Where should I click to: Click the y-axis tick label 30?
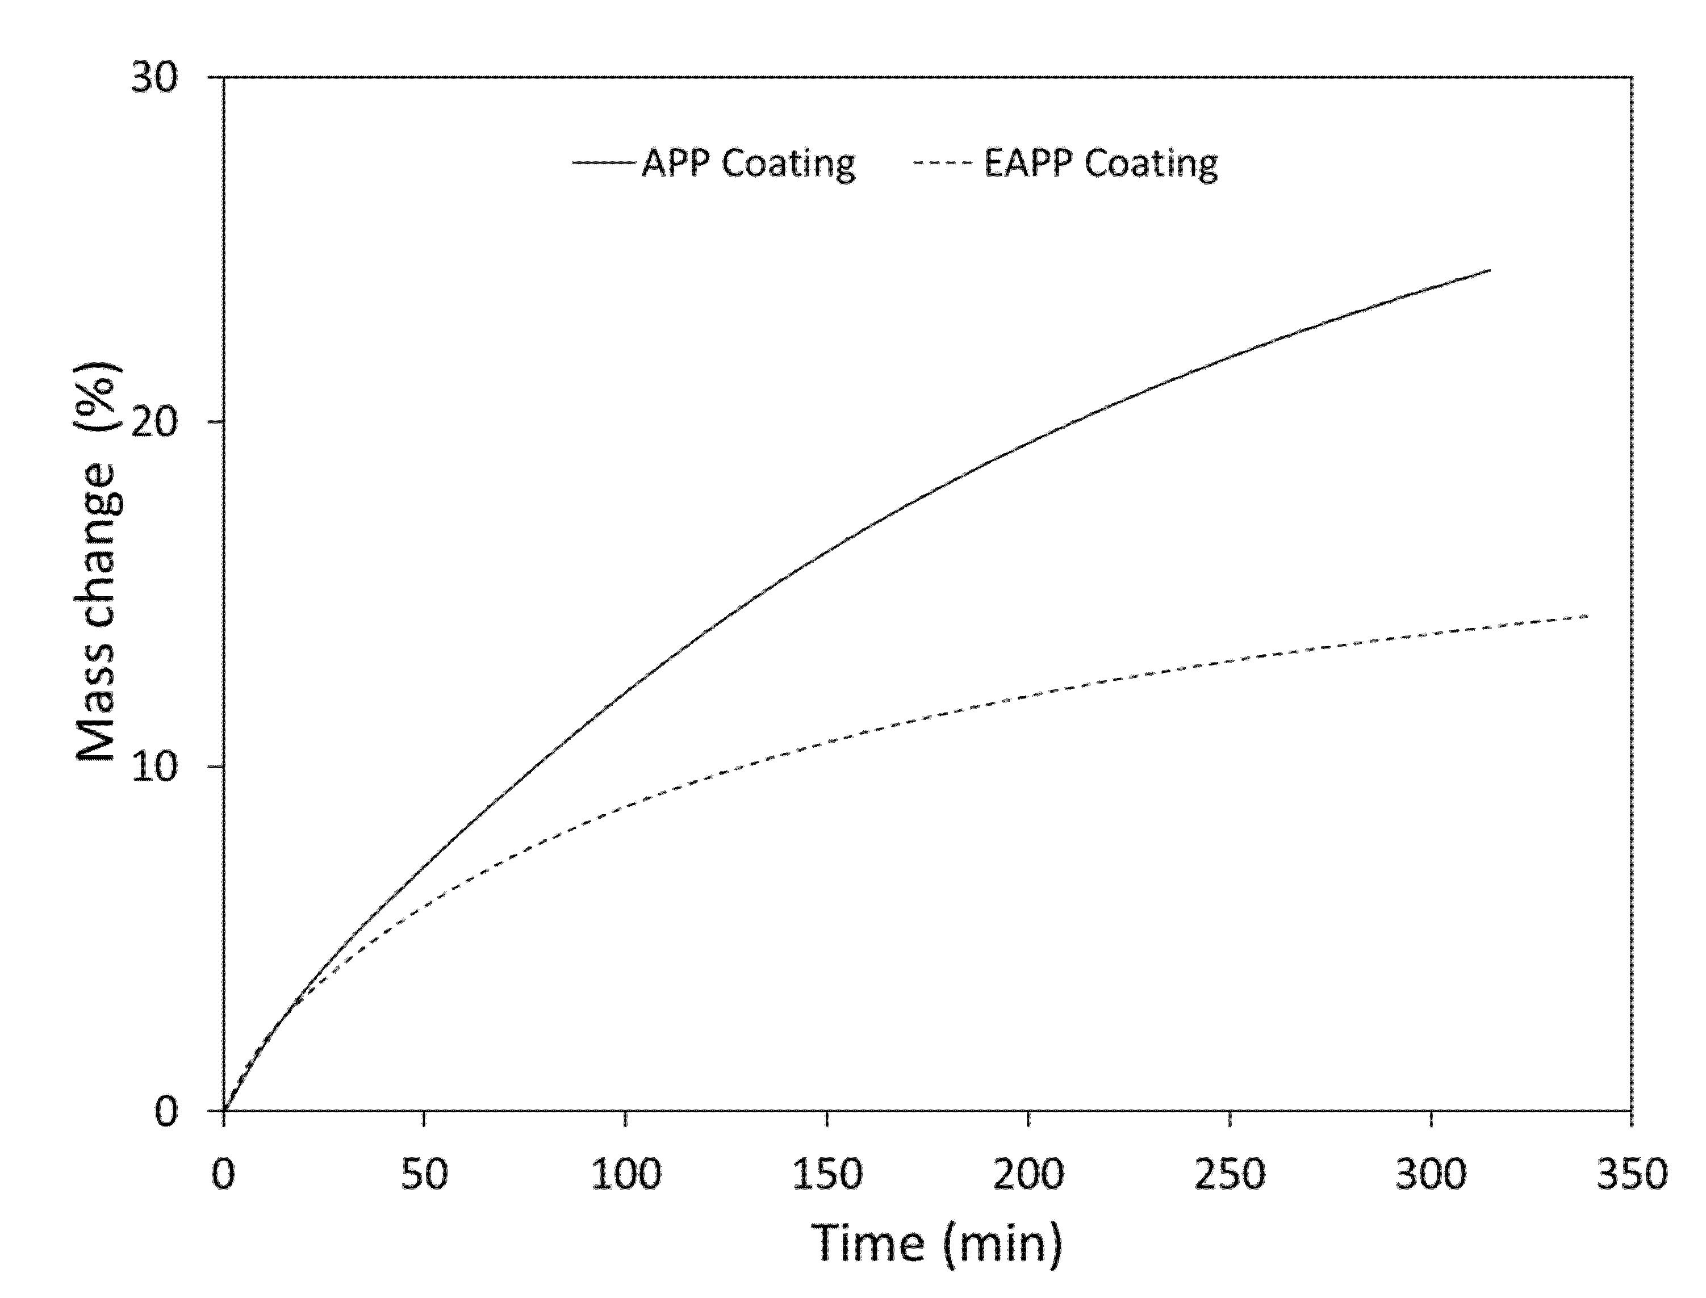coord(154,78)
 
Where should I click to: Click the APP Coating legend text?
coord(748,164)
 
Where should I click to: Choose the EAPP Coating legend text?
coord(1100,164)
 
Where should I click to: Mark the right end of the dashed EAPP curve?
coord(1588,615)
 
